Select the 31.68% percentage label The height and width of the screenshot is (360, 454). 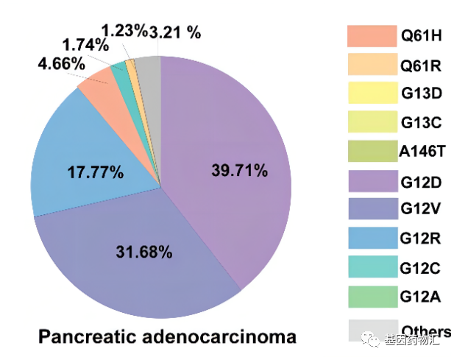click(144, 253)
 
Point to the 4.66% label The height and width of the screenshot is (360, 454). click(60, 63)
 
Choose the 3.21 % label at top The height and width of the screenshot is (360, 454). click(176, 32)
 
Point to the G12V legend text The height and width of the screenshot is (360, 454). click(420, 210)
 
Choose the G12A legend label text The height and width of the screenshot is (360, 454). click(420, 297)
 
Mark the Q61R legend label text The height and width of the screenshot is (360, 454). click(420, 65)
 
